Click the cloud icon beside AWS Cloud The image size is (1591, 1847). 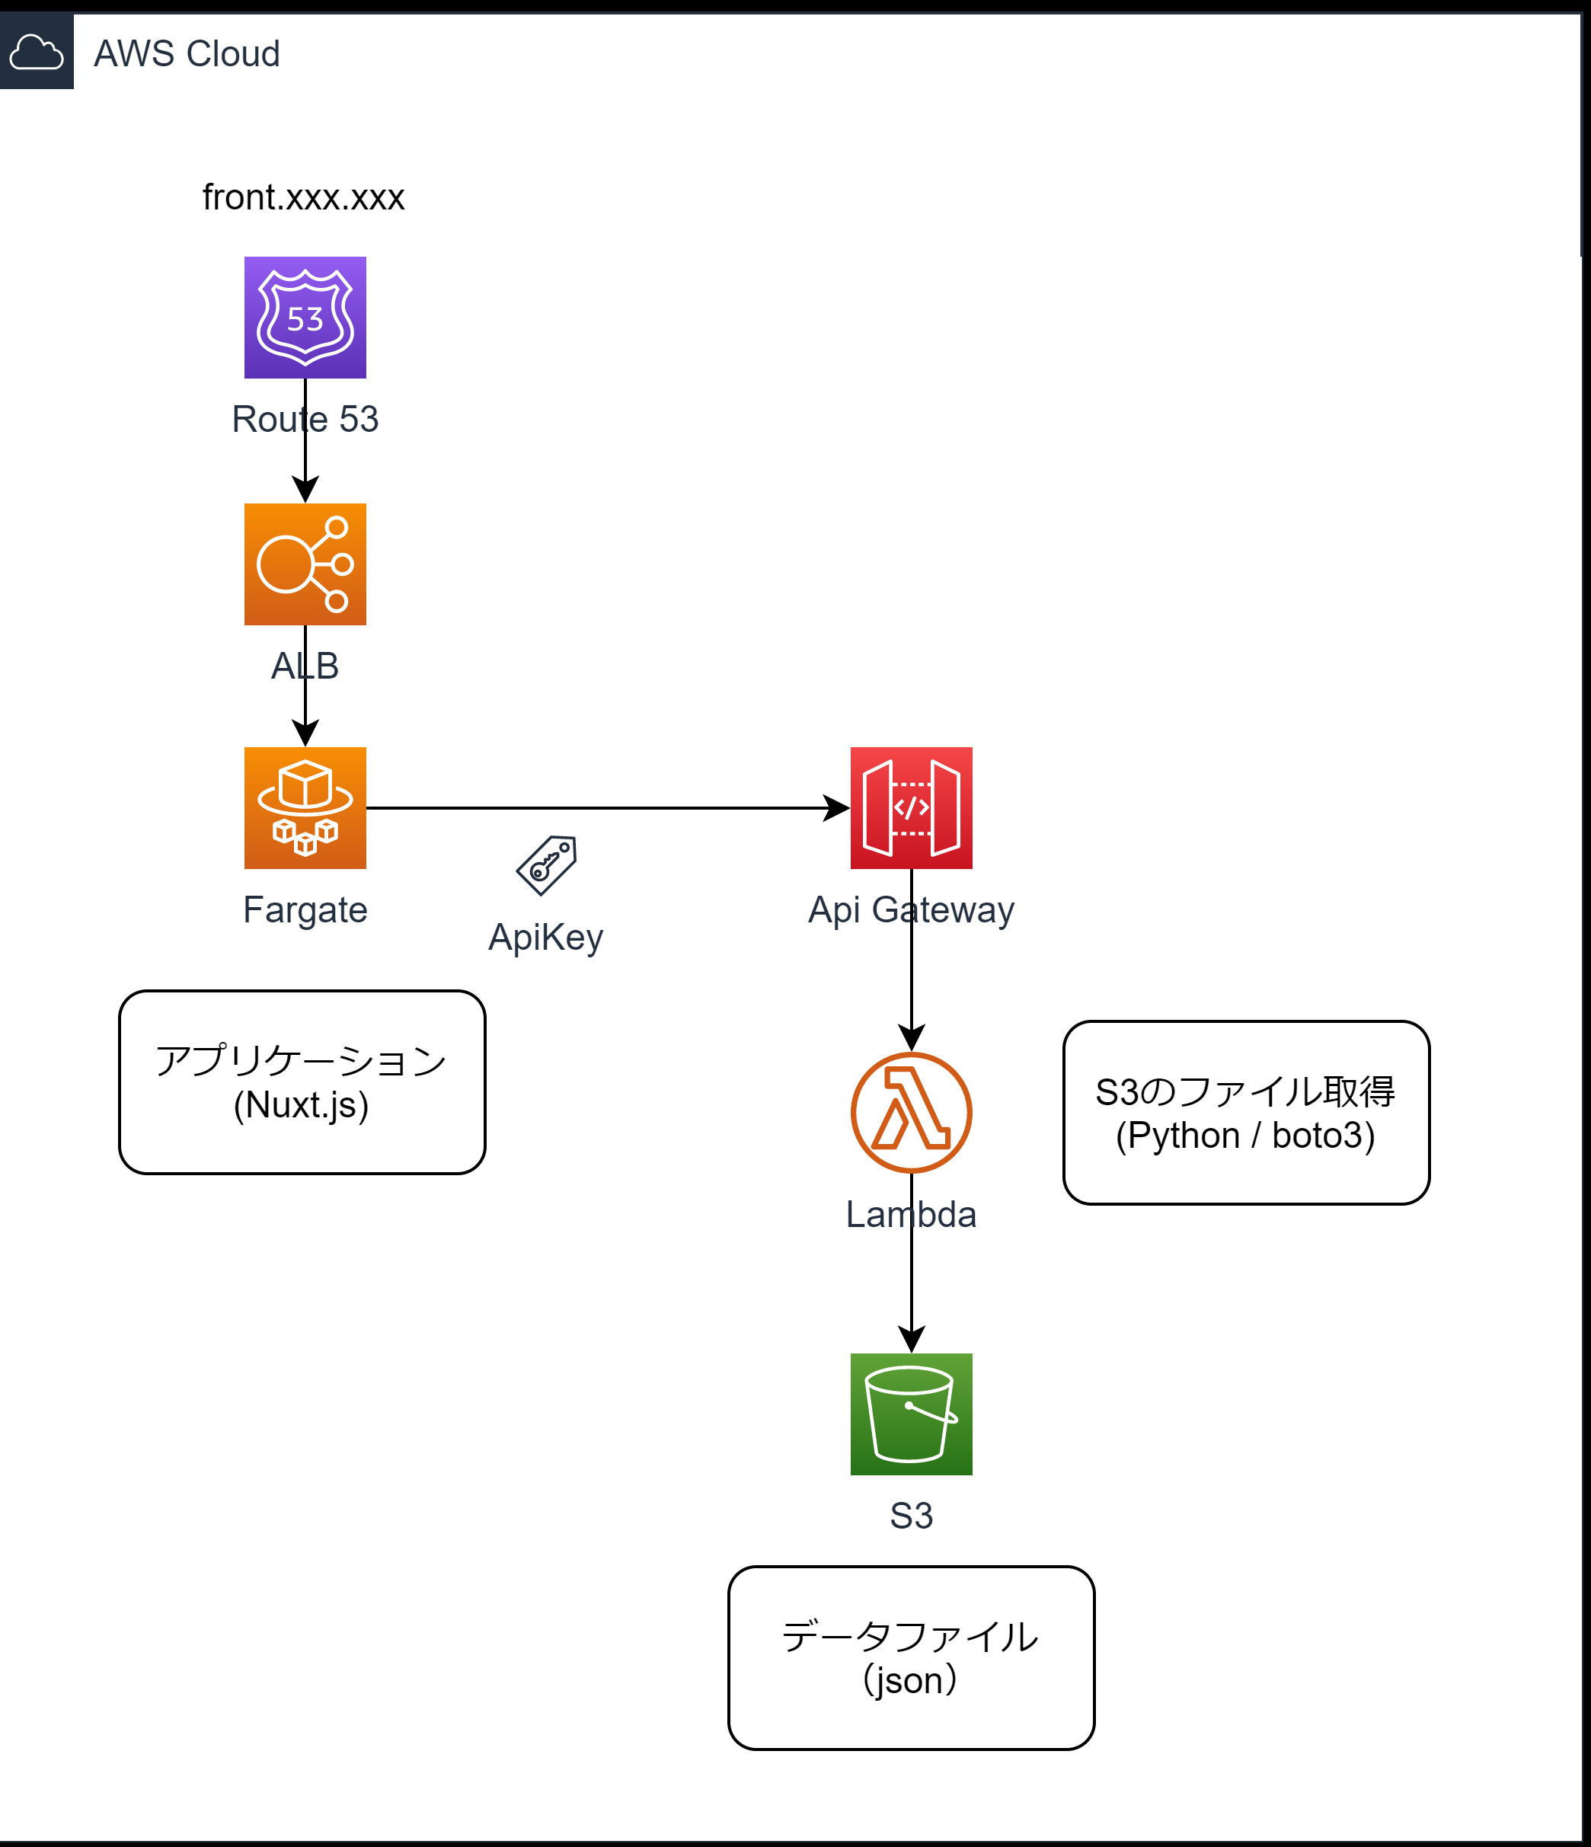coord(36,52)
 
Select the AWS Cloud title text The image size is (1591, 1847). coord(187,53)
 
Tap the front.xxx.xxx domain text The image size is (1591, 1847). coord(303,197)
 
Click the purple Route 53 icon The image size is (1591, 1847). coord(305,318)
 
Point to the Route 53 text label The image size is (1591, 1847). coord(305,419)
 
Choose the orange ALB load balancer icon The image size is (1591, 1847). coord(305,564)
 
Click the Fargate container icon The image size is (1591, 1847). coord(305,807)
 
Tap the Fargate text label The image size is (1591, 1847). coord(305,909)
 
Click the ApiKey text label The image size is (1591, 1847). coord(545,937)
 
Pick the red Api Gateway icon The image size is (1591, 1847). coord(911,807)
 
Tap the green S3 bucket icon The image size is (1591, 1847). coord(911,1414)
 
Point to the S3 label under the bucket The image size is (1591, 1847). coord(911,1516)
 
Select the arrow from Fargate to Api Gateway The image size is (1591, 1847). coord(606,807)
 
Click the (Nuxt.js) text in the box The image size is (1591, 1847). coord(302,1105)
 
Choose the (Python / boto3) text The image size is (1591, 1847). coord(1245,1136)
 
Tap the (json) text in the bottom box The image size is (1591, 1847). coord(910,1680)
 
